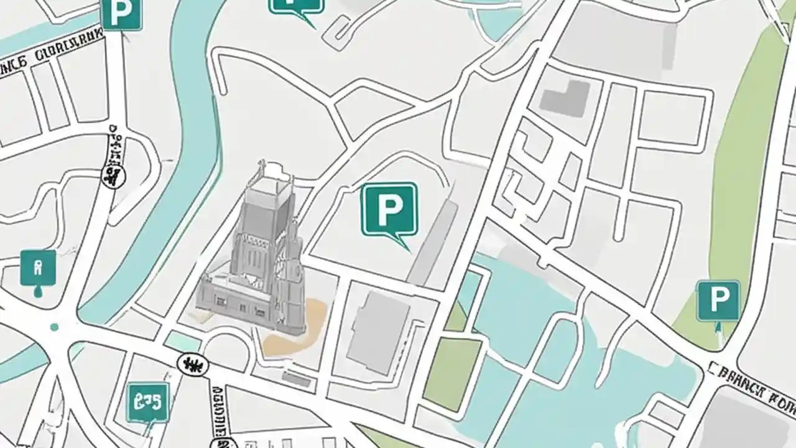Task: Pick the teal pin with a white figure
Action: coord(38,268)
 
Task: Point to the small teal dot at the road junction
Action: coord(54,327)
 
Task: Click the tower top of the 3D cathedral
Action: coord(269,177)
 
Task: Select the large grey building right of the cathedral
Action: coord(378,332)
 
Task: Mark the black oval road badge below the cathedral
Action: coord(193,364)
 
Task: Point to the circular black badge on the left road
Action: coord(113,177)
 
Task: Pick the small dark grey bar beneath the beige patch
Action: coord(298,378)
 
